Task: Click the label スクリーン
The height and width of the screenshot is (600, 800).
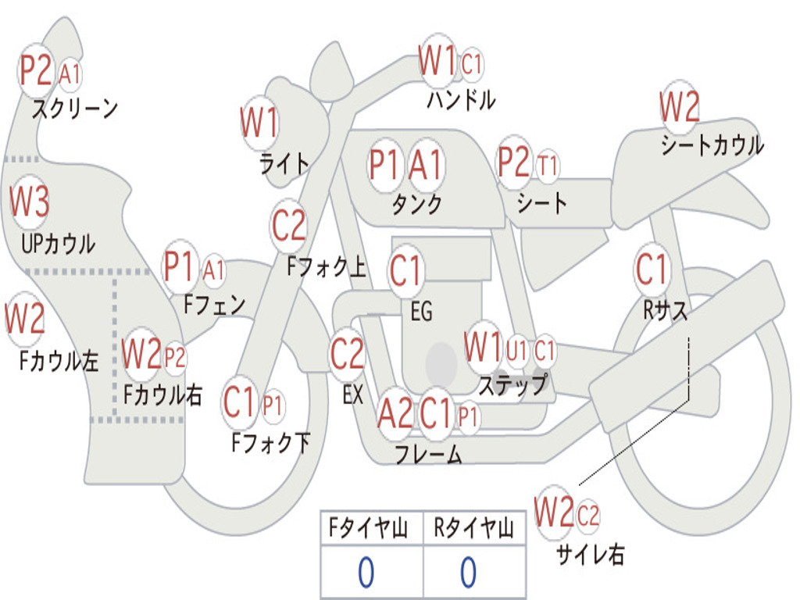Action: (x=74, y=108)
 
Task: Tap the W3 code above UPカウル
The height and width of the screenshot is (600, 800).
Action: (x=30, y=202)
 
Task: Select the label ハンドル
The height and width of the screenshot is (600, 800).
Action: (x=461, y=100)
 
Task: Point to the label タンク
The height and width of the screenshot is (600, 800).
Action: (x=416, y=204)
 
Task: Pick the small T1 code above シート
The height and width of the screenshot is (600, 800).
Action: (x=548, y=166)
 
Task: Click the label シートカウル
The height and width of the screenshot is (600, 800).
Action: (x=712, y=145)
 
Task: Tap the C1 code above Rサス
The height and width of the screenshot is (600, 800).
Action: (x=652, y=270)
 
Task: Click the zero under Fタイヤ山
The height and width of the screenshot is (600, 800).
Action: (x=366, y=573)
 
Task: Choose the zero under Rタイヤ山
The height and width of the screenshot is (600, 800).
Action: (x=468, y=573)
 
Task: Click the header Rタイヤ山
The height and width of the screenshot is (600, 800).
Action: (x=473, y=530)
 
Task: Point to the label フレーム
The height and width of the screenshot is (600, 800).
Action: (x=428, y=454)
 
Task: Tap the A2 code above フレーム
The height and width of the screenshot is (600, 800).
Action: (x=395, y=413)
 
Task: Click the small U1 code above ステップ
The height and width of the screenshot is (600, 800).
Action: (x=517, y=351)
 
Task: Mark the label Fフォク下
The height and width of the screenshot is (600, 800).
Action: (x=271, y=443)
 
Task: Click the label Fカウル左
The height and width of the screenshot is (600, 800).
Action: (x=59, y=360)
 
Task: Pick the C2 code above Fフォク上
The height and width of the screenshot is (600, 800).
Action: (x=289, y=226)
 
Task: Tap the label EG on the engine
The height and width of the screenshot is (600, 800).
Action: (x=421, y=312)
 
